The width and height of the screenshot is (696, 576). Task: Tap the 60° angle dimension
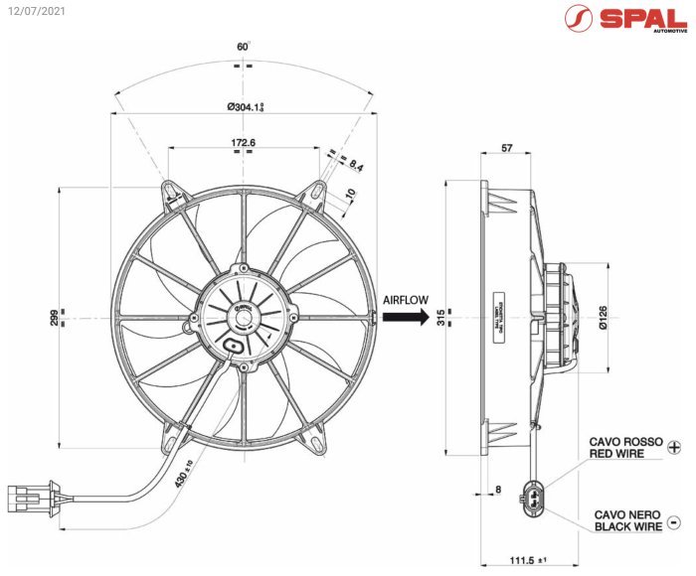pyautogui.click(x=243, y=47)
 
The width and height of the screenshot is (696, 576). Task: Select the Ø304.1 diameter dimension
pyautogui.click(x=249, y=106)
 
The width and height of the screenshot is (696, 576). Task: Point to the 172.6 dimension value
pyautogui.click(x=244, y=143)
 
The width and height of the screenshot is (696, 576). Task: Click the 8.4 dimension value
pyautogui.click(x=355, y=166)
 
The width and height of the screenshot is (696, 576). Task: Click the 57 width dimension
pyautogui.click(x=506, y=148)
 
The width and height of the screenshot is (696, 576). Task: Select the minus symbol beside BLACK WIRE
pyautogui.click(x=674, y=521)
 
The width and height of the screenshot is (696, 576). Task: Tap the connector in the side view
pyautogui.click(x=530, y=497)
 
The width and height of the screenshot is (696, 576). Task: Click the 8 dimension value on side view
pyautogui.click(x=498, y=489)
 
